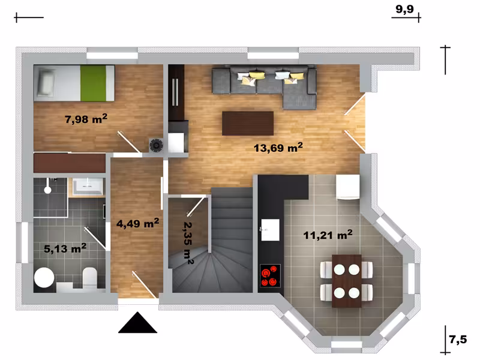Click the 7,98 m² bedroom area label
click(x=86, y=118)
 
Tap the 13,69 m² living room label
click(x=278, y=148)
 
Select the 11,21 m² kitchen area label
click(x=328, y=235)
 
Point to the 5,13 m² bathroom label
click(x=65, y=248)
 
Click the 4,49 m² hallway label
click(x=137, y=223)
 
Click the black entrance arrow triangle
click(x=138, y=322)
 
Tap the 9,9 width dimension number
click(x=404, y=9)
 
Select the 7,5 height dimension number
click(x=458, y=340)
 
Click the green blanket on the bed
click(x=93, y=83)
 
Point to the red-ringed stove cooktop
click(x=271, y=275)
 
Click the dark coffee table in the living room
click(x=248, y=124)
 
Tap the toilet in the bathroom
click(x=89, y=278)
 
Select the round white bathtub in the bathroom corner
click(x=44, y=278)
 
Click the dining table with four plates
click(x=347, y=281)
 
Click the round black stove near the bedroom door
click(x=156, y=145)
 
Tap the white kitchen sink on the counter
click(x=270, y=230)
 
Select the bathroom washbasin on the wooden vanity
click(x=87, y=186)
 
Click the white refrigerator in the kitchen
click(x=348, y=187)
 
